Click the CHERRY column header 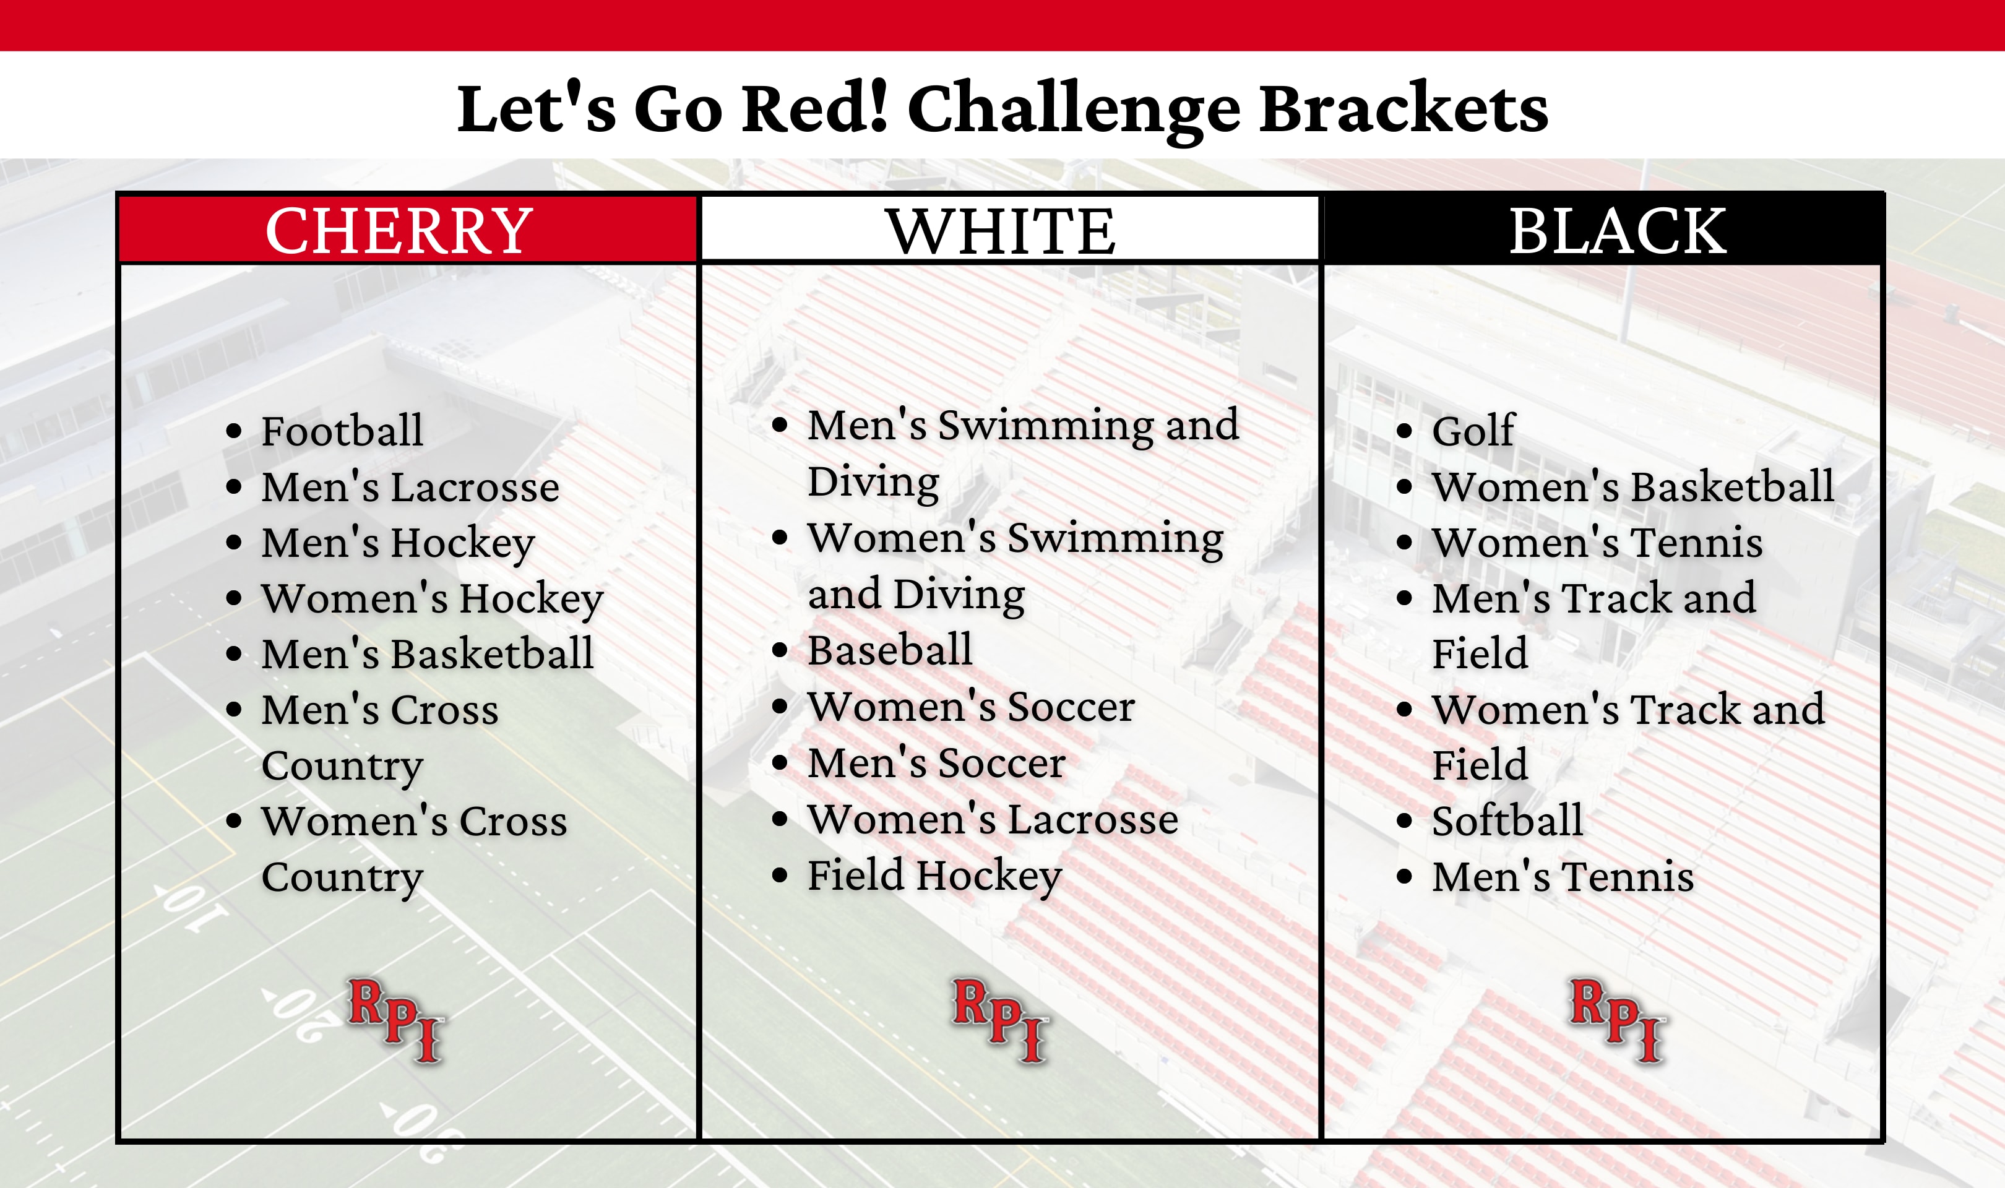point(399,231)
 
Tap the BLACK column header point(1618,231)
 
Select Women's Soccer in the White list point(972,706)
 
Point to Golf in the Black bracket point(1473,431)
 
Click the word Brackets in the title point(1403,109)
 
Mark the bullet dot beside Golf point(1404,431)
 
